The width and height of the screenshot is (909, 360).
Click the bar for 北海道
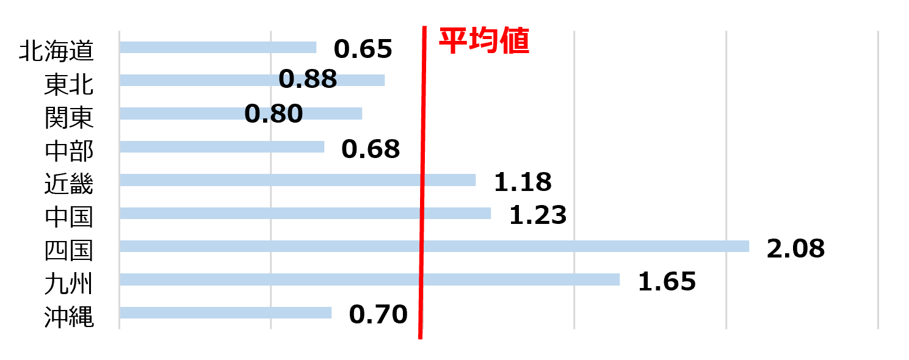coord(218,48)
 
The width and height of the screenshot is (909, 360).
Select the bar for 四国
coord(434,246)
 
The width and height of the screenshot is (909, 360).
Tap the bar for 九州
coord(370,279)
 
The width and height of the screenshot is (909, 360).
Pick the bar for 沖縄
coord(226,312)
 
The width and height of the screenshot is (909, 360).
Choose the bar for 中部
coord(222,147)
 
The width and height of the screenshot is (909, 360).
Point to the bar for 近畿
coord(297,180)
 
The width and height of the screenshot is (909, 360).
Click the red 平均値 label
coord(485,40)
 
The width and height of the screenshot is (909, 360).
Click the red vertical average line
coord(422,182)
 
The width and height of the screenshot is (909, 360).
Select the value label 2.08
coord(796,248)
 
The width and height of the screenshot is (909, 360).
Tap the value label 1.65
coord(667,282)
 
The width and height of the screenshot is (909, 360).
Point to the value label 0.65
coord(363,49)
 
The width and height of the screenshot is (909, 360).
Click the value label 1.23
coord(538,215)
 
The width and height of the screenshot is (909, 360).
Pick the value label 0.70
coord(378,315)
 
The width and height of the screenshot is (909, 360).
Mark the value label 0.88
coord(308,79)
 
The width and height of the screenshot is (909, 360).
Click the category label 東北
coord(69,85)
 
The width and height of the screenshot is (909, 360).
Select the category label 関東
coord(69,118)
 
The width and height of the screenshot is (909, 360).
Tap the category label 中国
coord(69,217)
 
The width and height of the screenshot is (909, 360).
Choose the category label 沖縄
coord(69,317)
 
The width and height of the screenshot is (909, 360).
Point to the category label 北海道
coord(56,51)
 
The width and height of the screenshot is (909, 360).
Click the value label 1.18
coord(523,182)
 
